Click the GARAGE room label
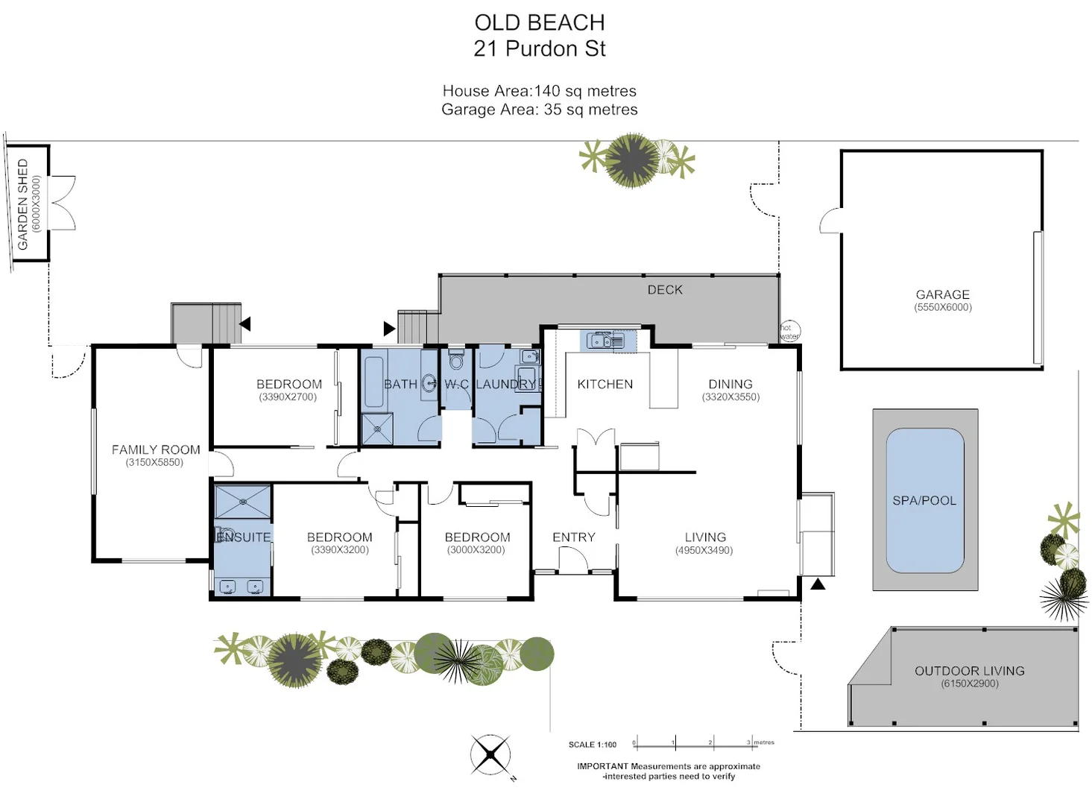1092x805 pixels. click(x=942, y=294)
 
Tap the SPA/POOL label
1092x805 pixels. click(x=924, y=501)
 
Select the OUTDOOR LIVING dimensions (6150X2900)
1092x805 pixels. click(x=969, y=684)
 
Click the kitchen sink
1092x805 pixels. click(x=607, y=341)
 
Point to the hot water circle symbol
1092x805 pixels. click(x=789, y=332)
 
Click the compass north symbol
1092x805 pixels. click(x=490, y=755)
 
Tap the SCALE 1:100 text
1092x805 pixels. click(x=593, y=745)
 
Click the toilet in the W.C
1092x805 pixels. click(x=456, y=360)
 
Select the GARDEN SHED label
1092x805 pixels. click(x=22, y=203)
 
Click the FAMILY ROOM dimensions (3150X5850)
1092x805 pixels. click(x=154, y=462)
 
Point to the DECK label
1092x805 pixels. click(x=665, y=290)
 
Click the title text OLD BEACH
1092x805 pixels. click(x=540, y=23)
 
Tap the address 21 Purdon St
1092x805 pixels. click(x=540, y=49)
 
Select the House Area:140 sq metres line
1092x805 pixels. click(x=540, y=91)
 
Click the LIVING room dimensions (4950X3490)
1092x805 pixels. click(x=704, y=550)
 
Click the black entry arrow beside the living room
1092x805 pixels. click(x=818, y=584)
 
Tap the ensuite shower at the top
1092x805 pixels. click(x=242, y=502)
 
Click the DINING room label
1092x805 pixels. click(x=730, y=384)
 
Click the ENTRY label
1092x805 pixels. click(x=573, y=537)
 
